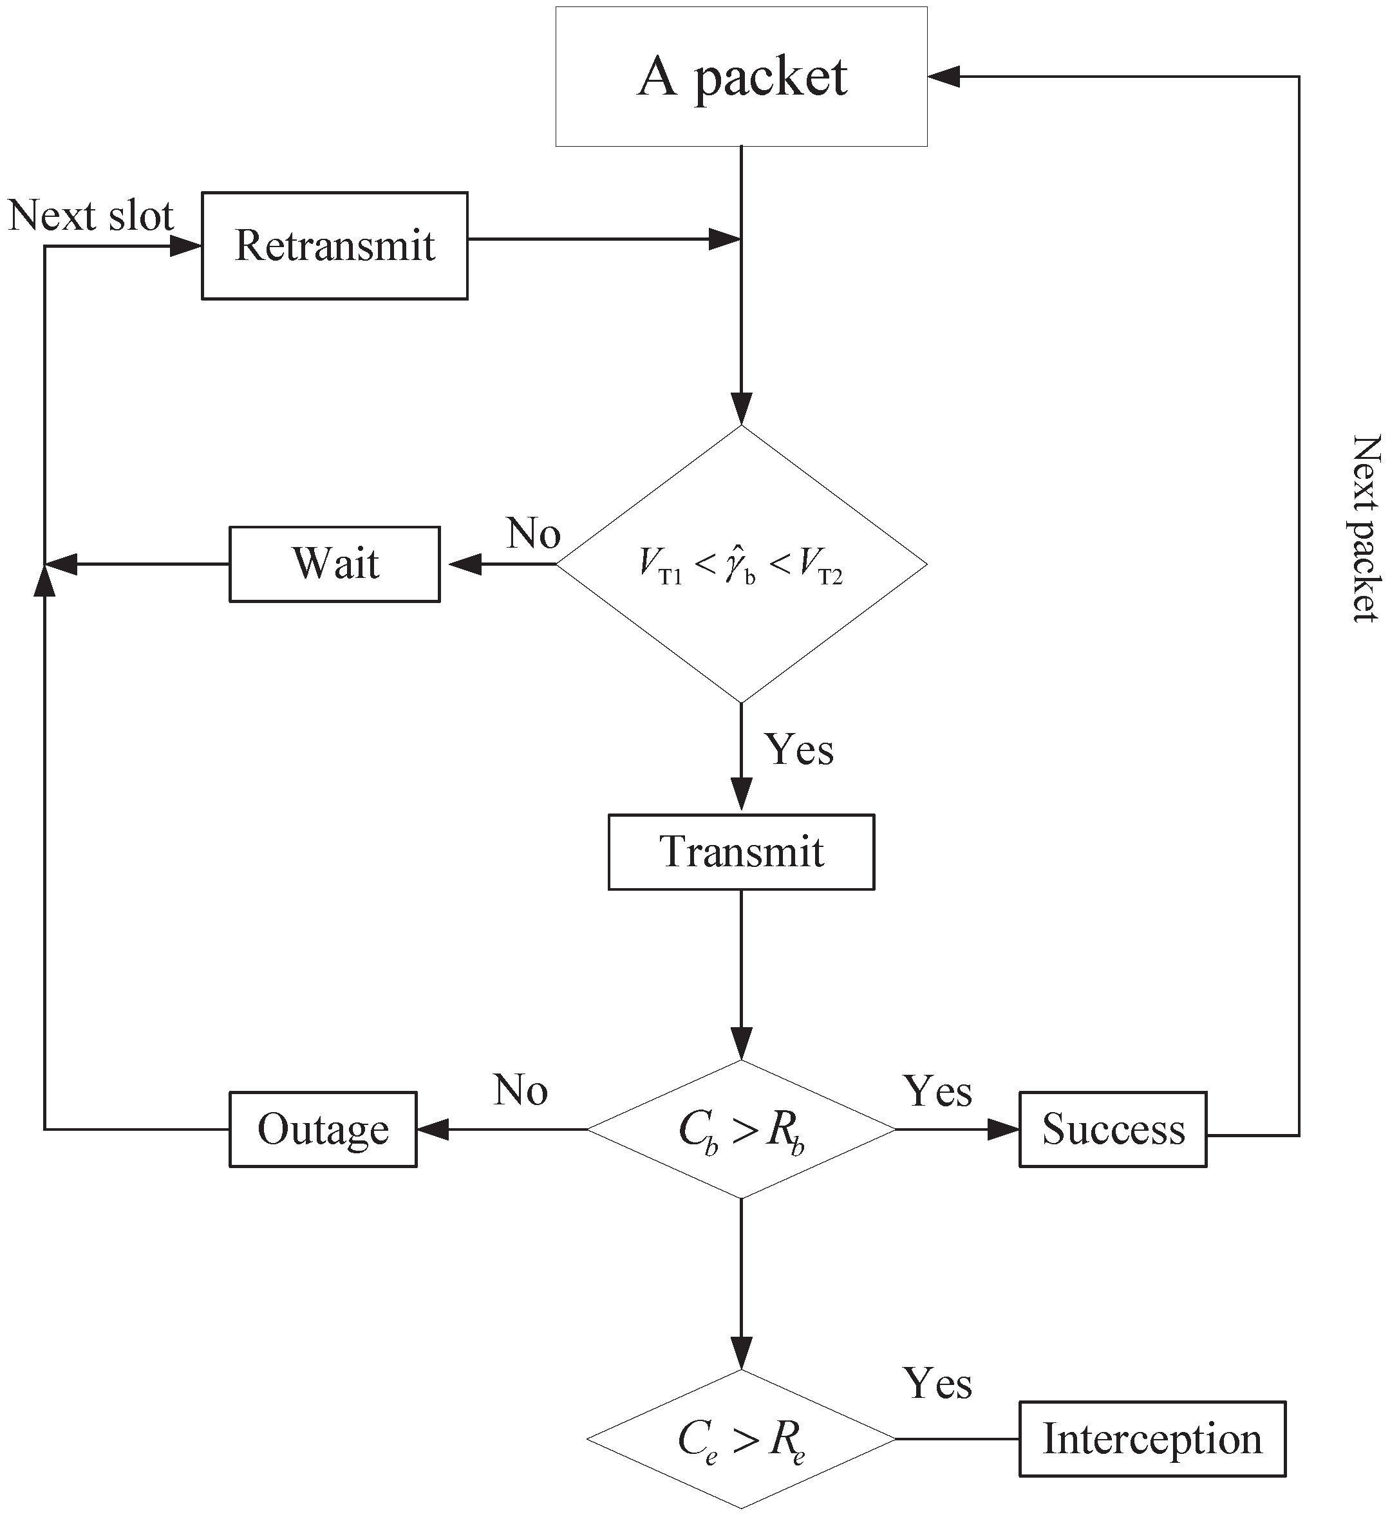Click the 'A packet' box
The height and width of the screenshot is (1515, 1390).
[741, 76]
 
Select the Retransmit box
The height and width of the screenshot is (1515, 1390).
[334, 245]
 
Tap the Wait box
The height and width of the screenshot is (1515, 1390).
[334, 564]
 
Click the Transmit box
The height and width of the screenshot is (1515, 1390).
[741, 852]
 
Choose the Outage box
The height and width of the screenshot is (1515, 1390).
[323, 1129]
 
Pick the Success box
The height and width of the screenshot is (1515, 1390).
[1113, 1129]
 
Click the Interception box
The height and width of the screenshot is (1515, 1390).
[1152, 1439]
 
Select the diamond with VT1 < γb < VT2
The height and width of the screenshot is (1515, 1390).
[741, 564]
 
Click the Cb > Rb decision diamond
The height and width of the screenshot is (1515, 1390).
[741, 1129]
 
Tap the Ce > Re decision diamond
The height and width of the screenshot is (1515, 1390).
[741, 1439]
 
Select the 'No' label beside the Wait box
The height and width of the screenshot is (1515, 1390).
[533, 533]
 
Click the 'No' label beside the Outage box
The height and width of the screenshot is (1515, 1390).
[520, 1090]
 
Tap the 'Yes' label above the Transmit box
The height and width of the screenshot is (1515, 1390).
[799, 750]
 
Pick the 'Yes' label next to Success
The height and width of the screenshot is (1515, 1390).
[937, 1091]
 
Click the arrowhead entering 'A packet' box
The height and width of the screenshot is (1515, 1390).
[943, 76]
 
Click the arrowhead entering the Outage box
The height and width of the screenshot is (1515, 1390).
[433, 1129]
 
